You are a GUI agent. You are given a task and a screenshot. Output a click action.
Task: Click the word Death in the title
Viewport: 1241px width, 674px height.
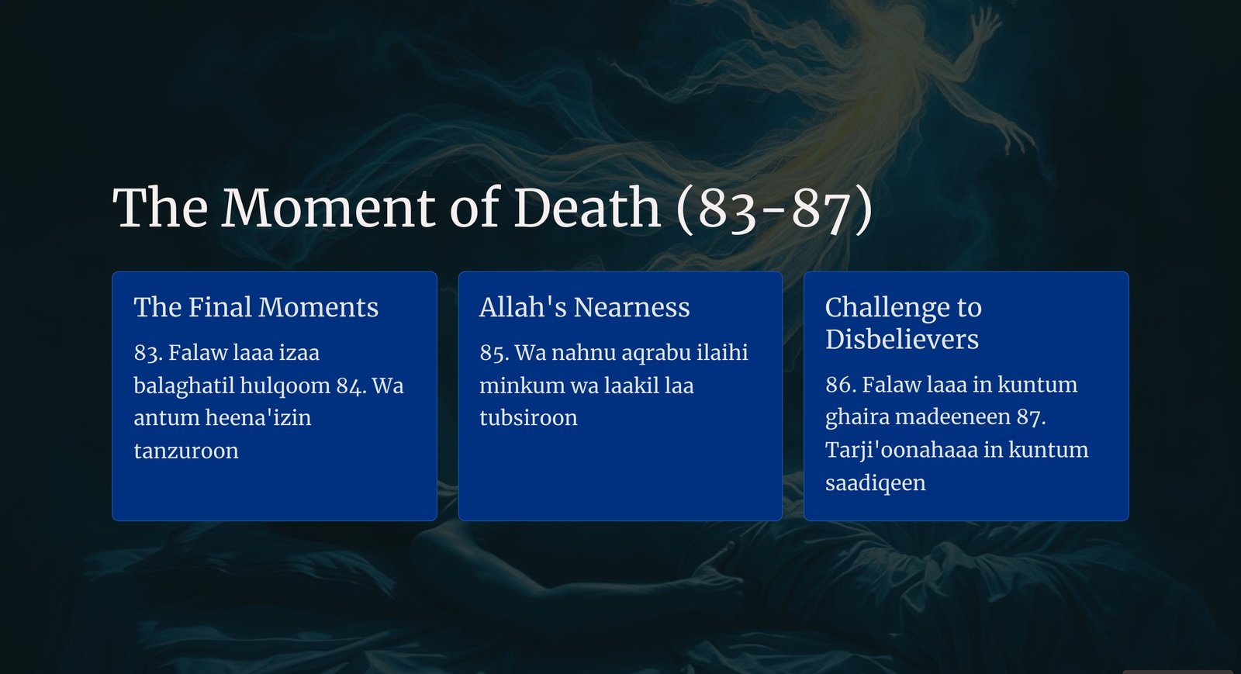click(x=587, y=207)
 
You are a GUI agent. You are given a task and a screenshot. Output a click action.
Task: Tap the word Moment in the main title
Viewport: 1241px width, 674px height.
click(x=328, y=207)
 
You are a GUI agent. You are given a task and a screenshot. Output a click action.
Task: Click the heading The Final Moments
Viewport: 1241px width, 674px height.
click(x=256, y=307)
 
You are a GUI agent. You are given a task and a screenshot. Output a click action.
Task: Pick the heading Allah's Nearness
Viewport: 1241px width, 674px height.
click(x=585, y=307)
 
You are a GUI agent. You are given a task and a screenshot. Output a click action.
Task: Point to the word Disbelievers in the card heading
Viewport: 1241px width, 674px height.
click(x=902, y=339)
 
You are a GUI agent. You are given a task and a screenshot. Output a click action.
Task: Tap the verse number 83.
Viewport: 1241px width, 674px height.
click(x=148, y=353)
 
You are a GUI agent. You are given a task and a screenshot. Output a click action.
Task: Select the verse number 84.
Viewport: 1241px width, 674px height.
click(x=351, y=386)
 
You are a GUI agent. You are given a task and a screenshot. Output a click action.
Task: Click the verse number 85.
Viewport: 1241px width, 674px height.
click(x=494, y=353)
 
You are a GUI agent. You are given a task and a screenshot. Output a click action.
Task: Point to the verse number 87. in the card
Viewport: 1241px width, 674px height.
click(x=1031, y=417)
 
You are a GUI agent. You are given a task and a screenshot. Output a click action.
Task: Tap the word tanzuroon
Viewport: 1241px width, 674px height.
click(x=186, y=451)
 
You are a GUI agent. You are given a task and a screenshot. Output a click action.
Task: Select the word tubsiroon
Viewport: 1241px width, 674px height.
click(x=528, y=418)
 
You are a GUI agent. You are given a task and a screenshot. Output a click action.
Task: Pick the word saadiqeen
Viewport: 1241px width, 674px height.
click(x=876, y=483)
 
